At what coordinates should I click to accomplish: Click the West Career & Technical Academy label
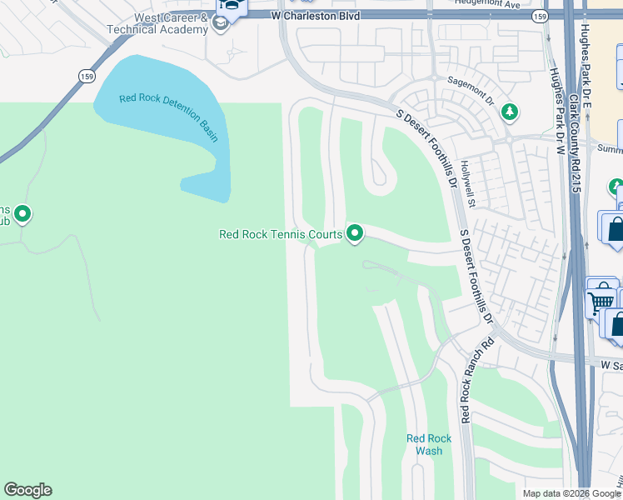tap(157, 22)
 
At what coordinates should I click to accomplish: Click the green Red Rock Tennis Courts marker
tap(355, 233)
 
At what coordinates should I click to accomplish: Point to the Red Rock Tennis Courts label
tap(280, 234)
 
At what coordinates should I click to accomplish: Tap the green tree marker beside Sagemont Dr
tap(509, 112)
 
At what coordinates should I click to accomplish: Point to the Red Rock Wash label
tap(429, 444)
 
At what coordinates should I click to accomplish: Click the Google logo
tap(27, 490)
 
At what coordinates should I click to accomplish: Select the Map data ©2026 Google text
tap(571, 493)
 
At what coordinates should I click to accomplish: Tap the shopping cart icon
tap(601, 298)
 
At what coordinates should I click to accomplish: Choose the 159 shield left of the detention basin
tap(87, 75)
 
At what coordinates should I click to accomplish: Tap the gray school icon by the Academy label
tap(220, 22)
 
